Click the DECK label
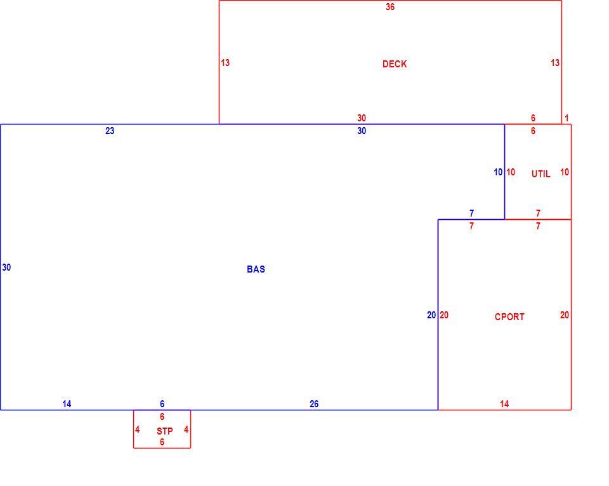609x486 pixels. click(x=395, y=64)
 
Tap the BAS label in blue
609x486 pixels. click(x=256, y=269)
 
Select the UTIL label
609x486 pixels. click(x=540, y=174)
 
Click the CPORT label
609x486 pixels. click(x=509, y=317)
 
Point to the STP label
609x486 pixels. click(x=165, y=431)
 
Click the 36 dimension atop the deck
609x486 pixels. click(x=390, y=6)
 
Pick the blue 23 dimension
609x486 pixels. click(x=110, y=131)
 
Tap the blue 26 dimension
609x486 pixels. click(x=314, y=404)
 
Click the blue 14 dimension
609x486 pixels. click(x=67, y=404)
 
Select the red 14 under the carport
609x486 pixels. click(x=504, y=404)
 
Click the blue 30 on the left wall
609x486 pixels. click(x=6, y=267)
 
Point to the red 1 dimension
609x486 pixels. click(x=566, y=118)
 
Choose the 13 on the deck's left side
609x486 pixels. click(x=225, y=63)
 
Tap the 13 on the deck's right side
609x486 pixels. click(x=555, y=63)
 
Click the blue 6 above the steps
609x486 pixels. click(x=162, y=404)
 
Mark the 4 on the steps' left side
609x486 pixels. click(x=137, y=429)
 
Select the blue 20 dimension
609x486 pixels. click(x=431, y=315)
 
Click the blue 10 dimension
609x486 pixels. click(x=498, y=172)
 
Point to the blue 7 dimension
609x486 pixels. click(x=471, y=213)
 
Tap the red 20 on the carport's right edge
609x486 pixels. click(x=565, y=315)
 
